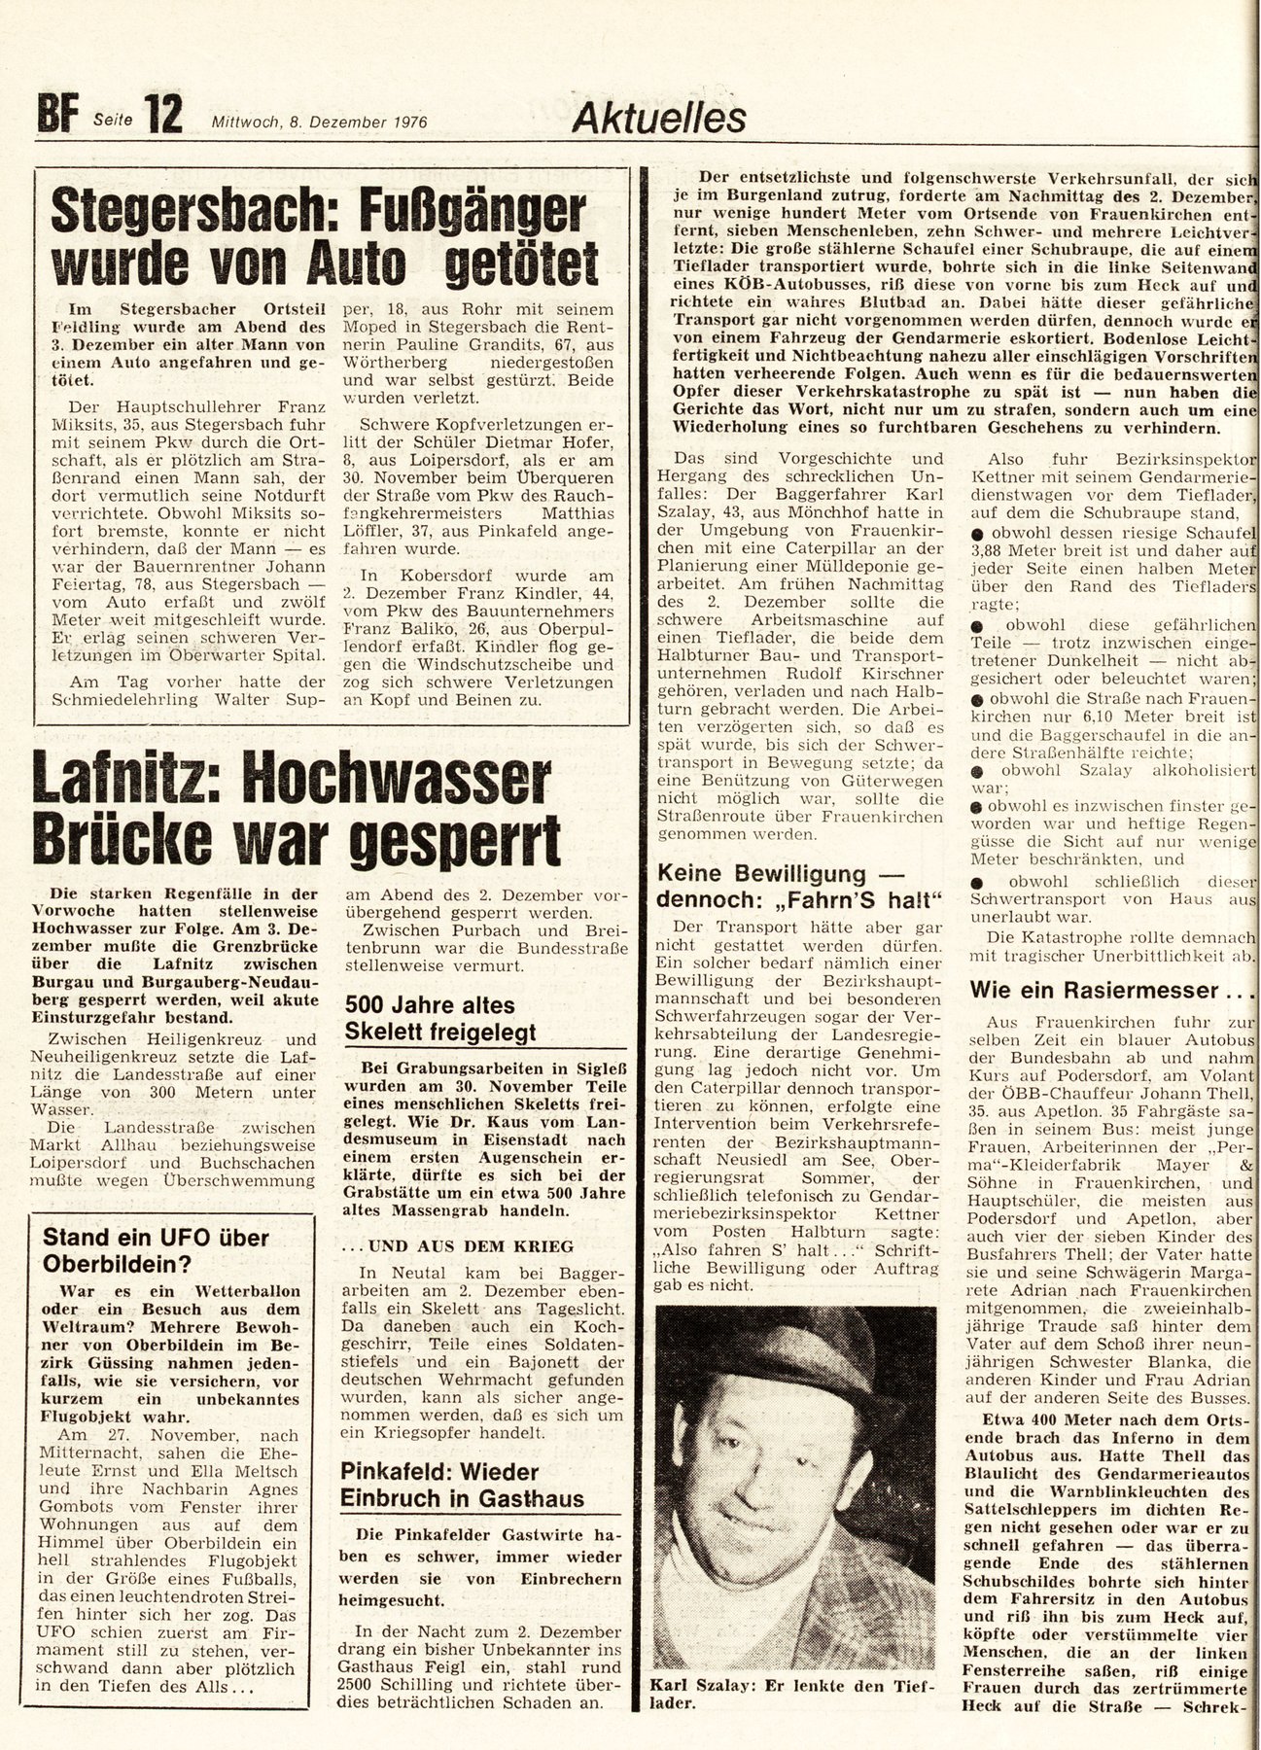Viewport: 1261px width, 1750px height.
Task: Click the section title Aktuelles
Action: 660,117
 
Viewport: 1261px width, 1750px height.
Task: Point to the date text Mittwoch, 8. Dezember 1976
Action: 321,122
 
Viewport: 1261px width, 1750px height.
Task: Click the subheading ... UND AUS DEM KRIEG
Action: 457,1245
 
